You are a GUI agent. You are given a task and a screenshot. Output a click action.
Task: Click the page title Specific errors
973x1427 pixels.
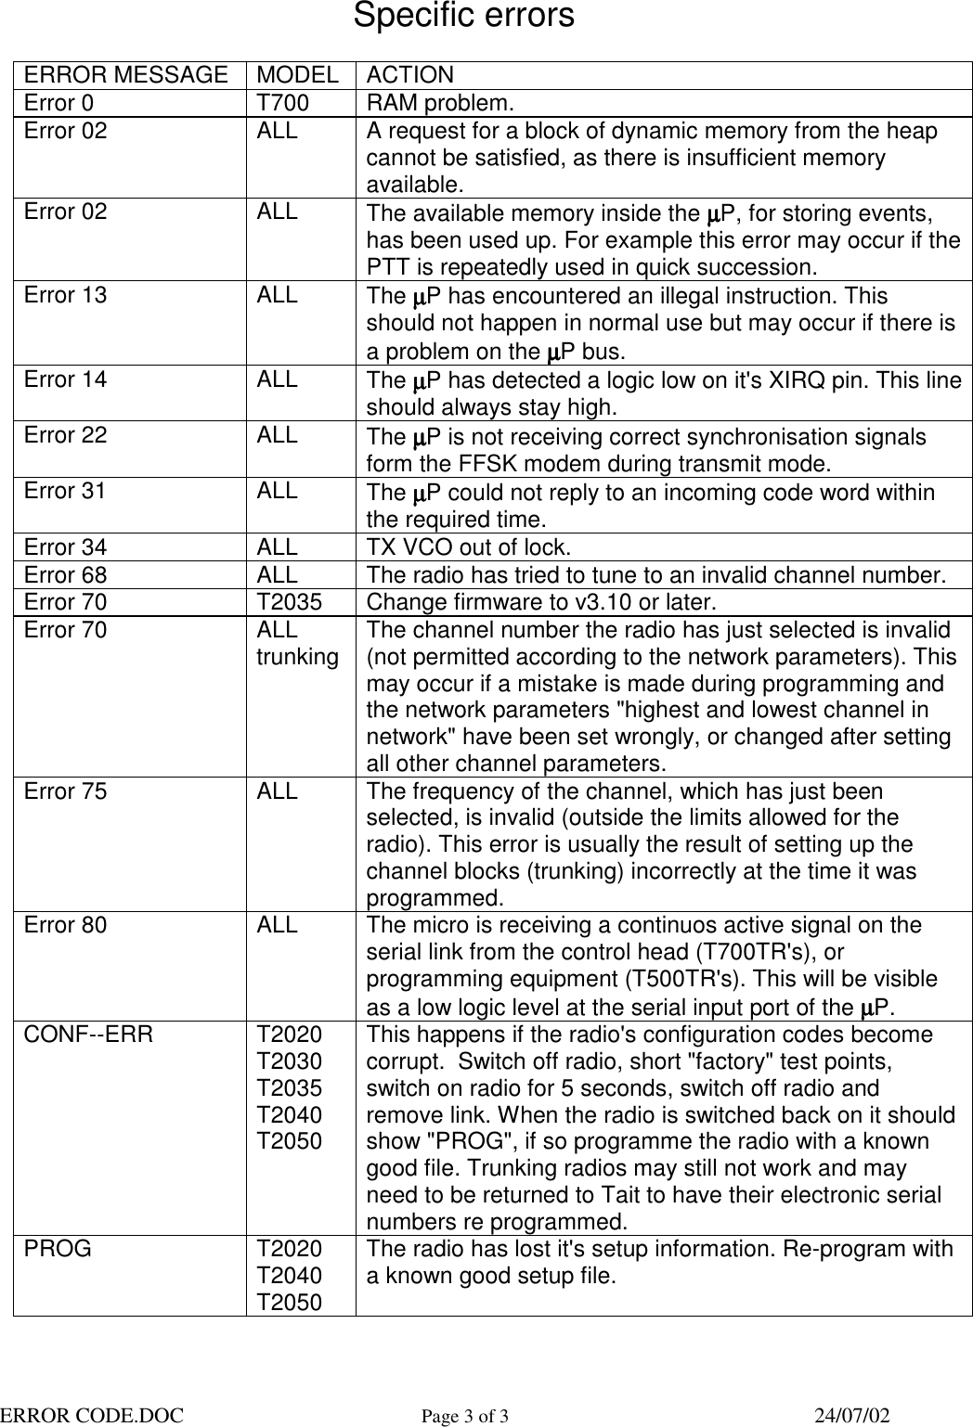463,17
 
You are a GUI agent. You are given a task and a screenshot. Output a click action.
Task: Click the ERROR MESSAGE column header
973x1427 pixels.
126,75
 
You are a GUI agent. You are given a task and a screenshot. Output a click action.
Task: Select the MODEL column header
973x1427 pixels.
297,75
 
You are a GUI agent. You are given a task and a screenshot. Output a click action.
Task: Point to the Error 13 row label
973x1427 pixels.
65,295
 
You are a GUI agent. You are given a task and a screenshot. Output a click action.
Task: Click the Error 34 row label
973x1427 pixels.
65,546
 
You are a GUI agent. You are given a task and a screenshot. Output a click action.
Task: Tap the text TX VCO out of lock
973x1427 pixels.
470,546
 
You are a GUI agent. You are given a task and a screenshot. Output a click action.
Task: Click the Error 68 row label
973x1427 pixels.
65,574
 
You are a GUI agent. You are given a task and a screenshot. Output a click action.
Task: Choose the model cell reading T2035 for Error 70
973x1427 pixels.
290,602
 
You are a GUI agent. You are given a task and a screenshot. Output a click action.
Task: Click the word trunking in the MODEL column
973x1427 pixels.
297,657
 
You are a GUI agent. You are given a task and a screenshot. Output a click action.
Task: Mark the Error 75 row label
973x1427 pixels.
65,791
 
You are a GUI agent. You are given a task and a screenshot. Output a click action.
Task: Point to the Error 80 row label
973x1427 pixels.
65,925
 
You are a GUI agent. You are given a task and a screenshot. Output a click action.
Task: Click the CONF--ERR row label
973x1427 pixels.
88,1035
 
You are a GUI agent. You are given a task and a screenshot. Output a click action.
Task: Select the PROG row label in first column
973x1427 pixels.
58,1249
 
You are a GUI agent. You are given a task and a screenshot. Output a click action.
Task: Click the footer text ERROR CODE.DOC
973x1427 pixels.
91,1415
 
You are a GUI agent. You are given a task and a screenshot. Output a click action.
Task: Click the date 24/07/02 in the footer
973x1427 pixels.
851,1415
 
